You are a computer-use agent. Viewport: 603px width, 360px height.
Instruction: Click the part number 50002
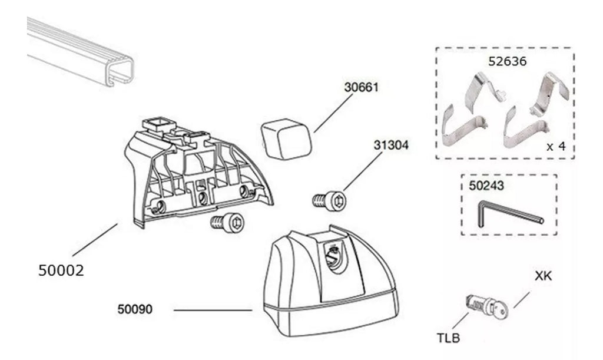point(61,270)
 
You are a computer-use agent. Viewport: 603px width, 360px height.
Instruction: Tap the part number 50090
point(135,309)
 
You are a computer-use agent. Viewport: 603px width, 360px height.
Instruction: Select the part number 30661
point(361,87)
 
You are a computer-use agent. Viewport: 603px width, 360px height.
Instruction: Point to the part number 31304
point(391,145)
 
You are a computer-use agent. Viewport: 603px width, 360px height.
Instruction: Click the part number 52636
point(507,61)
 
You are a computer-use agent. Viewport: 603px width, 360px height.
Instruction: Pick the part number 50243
point(486,186)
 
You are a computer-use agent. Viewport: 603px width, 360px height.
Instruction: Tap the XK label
point(543,276)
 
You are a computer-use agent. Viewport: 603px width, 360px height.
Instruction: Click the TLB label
point(448,338)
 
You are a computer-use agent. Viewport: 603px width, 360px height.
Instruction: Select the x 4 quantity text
point(556,146)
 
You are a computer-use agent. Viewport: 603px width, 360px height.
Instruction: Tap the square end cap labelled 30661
point(286,138)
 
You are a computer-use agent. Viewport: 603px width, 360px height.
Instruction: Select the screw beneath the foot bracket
point(227,222)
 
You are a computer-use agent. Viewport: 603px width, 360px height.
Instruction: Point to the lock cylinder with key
point(486,306)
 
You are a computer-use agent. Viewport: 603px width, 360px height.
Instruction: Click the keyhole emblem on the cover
point(334,256)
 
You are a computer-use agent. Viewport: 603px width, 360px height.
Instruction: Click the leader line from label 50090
point(213,310)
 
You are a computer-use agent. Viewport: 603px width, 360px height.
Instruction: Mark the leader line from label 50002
point(95,240)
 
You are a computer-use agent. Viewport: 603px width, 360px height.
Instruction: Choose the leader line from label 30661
point(333,113)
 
